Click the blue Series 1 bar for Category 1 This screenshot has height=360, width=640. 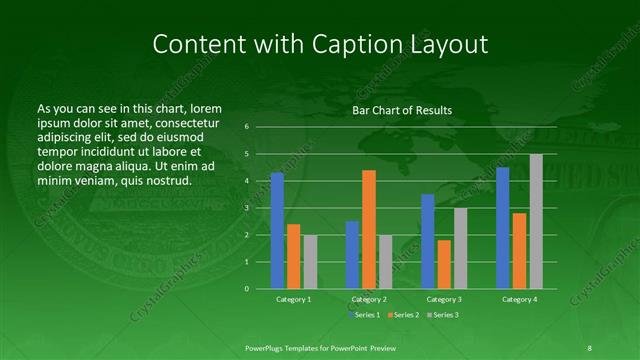point(277,231)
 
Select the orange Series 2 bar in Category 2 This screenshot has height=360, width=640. point(369,229)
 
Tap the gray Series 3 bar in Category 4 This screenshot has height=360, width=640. point(536,221)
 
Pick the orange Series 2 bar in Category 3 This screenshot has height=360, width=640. point(444,264)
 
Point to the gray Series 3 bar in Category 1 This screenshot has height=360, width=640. point(310,262)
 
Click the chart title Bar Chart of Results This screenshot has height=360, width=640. point(402,110)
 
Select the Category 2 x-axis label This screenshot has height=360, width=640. point(369,299)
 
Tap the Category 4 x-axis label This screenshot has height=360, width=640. point(519,299)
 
